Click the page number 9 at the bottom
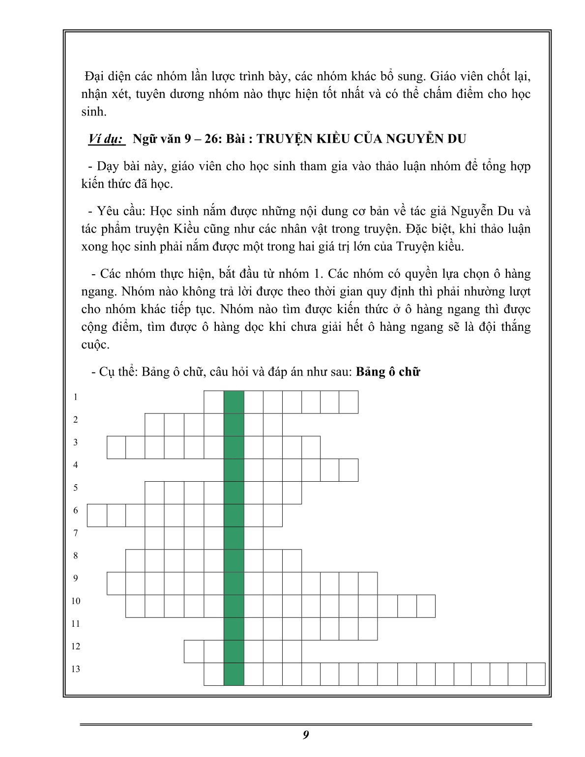(x=306, y=735)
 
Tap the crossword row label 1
(x=75, y=397)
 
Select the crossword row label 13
(x=75, y=669)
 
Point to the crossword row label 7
(x=75, y=533)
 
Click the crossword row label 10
(x=75, y=601)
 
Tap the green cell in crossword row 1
(x=234, y=402)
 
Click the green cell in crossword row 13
(x=234, y=674)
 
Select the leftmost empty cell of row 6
(x=97, y=515)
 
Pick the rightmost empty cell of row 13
(x=536, y=674)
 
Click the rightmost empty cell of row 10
(x=426, y=606)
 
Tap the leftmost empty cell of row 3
(x=117, y=447)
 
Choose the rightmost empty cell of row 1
(x=349, y=402)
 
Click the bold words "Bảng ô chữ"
(x=388, y=372)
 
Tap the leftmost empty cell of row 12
(x=194, y=651)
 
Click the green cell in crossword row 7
(x=234, y=538)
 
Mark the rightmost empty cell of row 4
(x=349, y=470)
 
